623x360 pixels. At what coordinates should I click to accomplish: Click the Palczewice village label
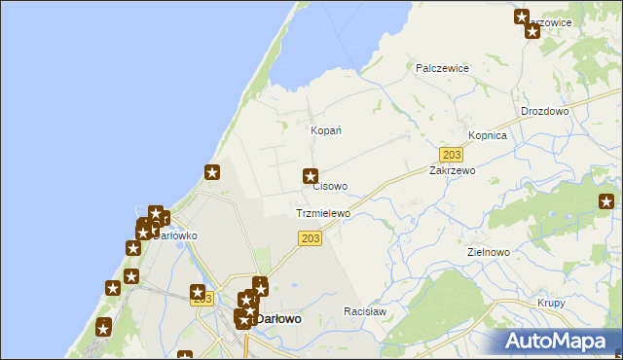443,68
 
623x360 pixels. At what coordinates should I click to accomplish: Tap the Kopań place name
325,130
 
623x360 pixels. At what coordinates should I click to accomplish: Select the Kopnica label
488,135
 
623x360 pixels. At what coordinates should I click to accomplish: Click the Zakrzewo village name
452,169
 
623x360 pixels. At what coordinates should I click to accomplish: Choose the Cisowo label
330,186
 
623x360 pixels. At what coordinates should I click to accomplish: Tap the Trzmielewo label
322,213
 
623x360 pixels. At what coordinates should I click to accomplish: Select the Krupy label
551,303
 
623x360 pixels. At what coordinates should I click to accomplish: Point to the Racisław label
365,311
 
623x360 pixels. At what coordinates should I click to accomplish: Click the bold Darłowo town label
277,318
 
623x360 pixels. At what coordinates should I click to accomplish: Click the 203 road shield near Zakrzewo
451,155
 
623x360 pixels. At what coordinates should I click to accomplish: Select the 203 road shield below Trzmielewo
310,239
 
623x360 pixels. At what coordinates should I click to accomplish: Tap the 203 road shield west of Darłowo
202,299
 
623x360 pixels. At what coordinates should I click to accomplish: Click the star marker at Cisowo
311,176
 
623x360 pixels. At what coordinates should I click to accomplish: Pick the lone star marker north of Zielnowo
606,202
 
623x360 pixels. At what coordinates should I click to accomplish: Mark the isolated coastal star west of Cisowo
212,173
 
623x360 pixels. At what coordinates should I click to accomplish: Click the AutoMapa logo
558,341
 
